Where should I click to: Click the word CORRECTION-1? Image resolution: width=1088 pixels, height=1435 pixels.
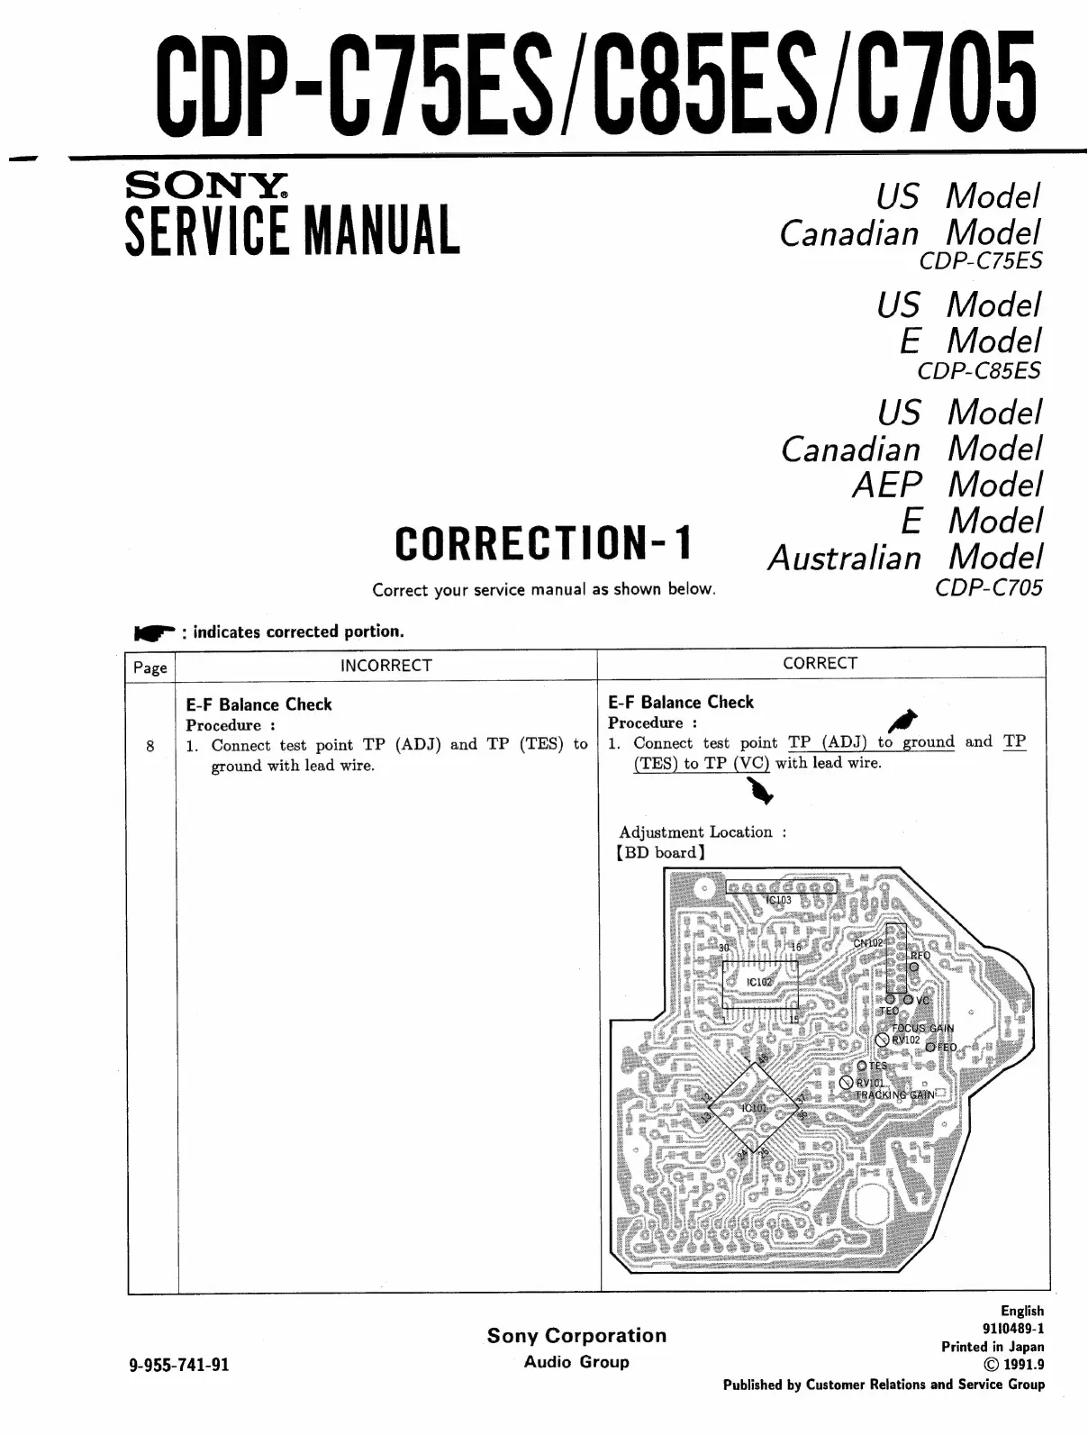(543, 543)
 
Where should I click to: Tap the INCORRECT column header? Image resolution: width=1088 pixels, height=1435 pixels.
(385, 665)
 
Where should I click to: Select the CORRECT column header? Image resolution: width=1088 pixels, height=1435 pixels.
(820, 663)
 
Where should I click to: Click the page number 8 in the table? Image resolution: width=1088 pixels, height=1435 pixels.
(150, 745)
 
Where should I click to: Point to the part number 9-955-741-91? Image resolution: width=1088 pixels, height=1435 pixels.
(180, 1364)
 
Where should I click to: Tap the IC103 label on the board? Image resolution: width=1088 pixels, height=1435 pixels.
(778, 900)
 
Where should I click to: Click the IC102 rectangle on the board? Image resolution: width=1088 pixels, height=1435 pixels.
(760, 983)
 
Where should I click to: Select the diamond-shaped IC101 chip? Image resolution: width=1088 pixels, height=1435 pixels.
(753, 1107)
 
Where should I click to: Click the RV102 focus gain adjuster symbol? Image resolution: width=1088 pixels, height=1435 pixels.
(883, 1040)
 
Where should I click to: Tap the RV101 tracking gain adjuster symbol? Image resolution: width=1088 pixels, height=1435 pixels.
(847, 1083)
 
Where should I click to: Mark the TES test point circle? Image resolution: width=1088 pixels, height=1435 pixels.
(862, 1066)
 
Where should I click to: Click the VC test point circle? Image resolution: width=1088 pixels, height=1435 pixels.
(909, 1000)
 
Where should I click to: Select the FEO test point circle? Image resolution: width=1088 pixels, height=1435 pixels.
(930, 1048)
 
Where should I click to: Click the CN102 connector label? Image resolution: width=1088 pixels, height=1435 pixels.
(868, 943)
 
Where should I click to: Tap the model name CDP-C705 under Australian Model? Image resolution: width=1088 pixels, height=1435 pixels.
(988, 587)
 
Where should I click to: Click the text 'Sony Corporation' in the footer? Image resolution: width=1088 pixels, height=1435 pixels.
(576, 1336)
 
